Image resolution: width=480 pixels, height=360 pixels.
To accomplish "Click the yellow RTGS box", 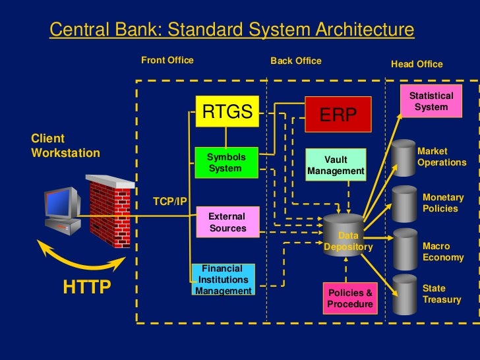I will pos(227,113).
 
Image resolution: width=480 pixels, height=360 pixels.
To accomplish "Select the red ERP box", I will pos(338,114).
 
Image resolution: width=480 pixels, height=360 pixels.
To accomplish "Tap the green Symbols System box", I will pos(225,164).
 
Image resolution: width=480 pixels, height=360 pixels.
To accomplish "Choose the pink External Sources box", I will pos(226,222).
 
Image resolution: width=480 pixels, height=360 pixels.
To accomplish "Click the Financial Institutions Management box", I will pos(223,280).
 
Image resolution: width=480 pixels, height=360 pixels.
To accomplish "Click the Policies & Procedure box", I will pos(350,299).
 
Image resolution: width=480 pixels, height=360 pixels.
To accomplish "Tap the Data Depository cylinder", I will pos(344,234).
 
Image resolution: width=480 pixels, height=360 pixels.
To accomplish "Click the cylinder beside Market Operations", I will pos(403,158).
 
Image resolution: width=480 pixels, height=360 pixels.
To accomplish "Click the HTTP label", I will pos(86,288).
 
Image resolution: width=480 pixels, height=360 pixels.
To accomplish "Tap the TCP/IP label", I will pos(169,201).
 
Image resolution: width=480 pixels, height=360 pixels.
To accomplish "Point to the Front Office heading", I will pos(167,61).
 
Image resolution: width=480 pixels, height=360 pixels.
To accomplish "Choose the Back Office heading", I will pos(295,61).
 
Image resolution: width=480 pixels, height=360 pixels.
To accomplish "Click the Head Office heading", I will pos(417,65).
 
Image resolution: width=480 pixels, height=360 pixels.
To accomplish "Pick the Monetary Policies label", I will pos(442,203).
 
